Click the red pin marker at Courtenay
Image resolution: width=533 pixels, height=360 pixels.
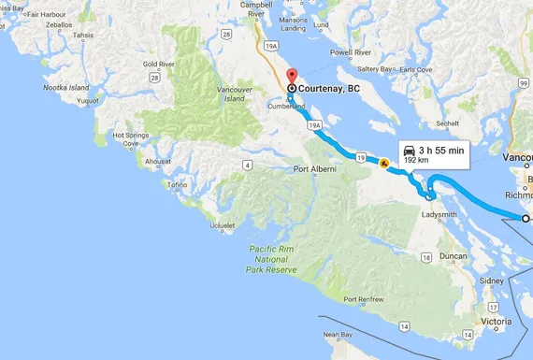coord(290,77)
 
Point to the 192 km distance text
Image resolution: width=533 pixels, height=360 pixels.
coord(416,161)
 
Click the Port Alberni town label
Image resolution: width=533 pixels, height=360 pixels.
coord(313,169)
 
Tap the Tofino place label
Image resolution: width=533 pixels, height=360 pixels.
coord(177,185)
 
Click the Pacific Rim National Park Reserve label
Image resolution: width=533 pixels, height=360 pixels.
coord(272,259)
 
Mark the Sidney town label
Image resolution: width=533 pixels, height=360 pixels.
coord(491,281)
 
